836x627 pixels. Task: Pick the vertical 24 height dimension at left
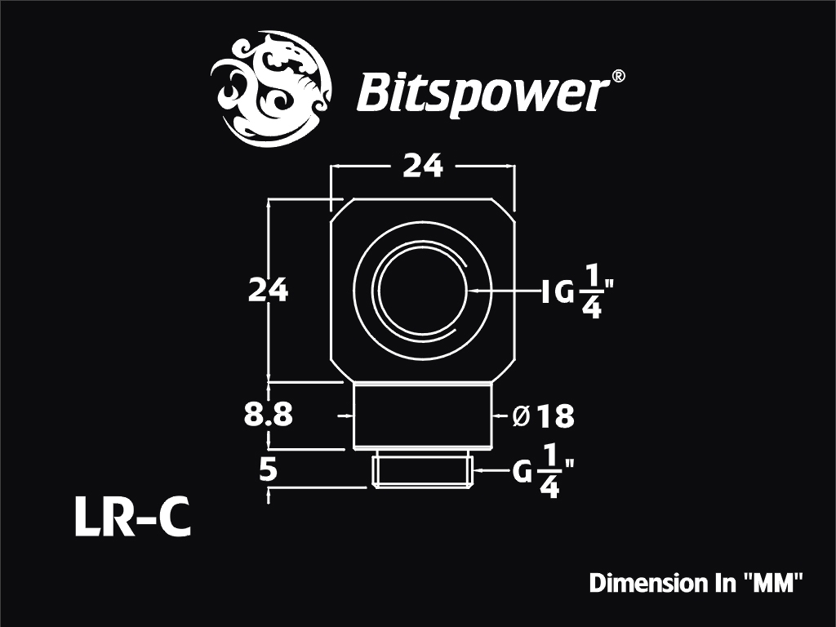[268, 291]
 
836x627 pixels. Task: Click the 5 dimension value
[269, 471]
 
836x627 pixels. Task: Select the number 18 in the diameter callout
[555, 416]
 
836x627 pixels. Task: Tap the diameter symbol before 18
[521, 416]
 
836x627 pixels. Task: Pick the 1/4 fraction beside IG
[592, 291]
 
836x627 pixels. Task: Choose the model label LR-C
[131, 517]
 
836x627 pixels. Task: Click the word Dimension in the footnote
[645, 583]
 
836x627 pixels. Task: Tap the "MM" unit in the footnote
[772, 582]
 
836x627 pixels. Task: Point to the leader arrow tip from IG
[468, 291]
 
